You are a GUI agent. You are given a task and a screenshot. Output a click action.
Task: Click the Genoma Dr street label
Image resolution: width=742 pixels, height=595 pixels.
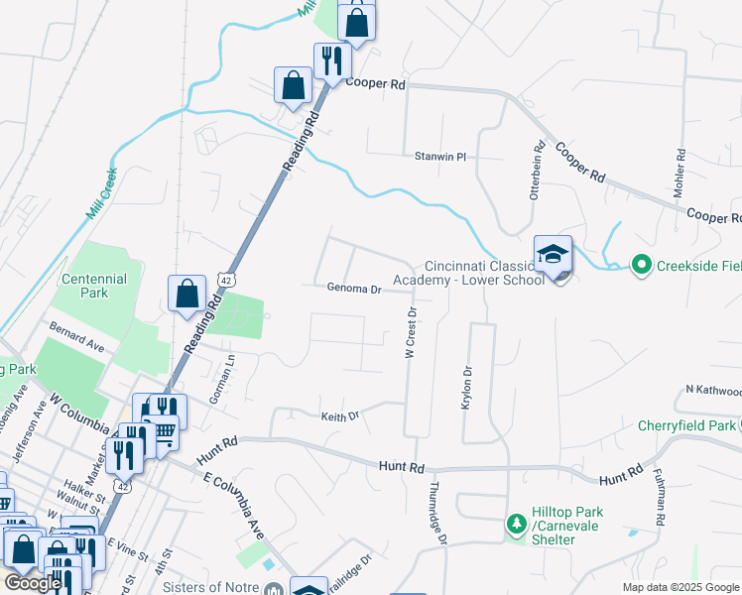pos(354,290)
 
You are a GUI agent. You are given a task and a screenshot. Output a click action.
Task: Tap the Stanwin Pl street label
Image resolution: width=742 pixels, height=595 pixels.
pos(440,157)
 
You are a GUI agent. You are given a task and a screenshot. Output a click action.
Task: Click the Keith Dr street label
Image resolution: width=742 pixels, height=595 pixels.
pos(339,416)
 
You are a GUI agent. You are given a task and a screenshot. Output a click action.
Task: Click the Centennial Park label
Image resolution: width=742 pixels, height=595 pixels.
pos(94,287)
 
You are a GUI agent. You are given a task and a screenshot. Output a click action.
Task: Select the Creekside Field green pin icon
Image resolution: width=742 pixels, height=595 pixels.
pos(641,264)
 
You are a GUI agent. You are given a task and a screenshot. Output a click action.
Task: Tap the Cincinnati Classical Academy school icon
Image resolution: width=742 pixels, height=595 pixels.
pos(554,256)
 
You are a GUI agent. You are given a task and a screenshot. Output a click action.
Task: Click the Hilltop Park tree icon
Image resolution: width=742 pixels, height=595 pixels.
pos(516,523)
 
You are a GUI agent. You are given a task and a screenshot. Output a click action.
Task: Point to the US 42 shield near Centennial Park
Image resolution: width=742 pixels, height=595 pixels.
pos(228,282)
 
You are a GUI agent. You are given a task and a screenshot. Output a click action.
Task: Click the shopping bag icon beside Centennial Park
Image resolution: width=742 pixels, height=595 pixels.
pos(186,294)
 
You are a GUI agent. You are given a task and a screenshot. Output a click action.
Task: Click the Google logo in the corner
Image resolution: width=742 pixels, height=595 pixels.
pos(33,583)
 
